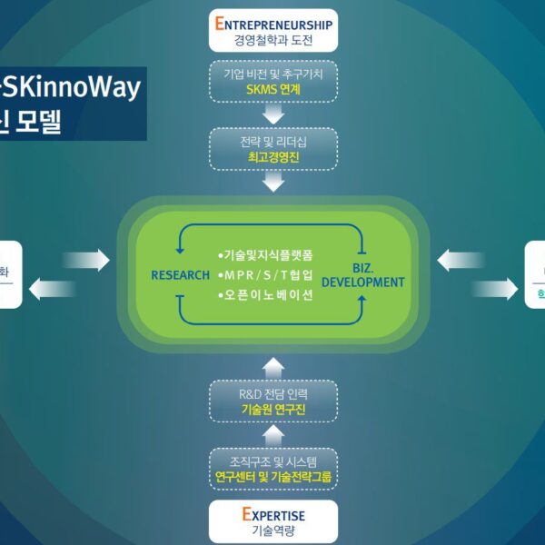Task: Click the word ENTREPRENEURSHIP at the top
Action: click(x=272, y=24)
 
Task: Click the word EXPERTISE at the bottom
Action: click(x=272, y=514)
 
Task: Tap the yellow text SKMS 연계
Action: click(x=272, y=90)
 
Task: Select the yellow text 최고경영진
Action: click(x=272, y=156)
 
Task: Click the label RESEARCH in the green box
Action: click(x=180, y=275)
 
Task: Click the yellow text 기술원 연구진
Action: click(x=272, y=410)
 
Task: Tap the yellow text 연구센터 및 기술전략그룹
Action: click(x=272, y=475)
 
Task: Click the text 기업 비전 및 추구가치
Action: click(x=272, y=74)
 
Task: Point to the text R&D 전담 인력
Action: click(x=272, y=393)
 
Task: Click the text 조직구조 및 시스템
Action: click(x=272, y=459)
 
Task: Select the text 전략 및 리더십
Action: click(x=272, y=140)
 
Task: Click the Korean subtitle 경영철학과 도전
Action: click(x=272, y=41)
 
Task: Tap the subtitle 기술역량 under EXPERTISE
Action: click(x=272, y=531)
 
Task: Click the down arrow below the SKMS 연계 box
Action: click(x=272, y=115)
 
